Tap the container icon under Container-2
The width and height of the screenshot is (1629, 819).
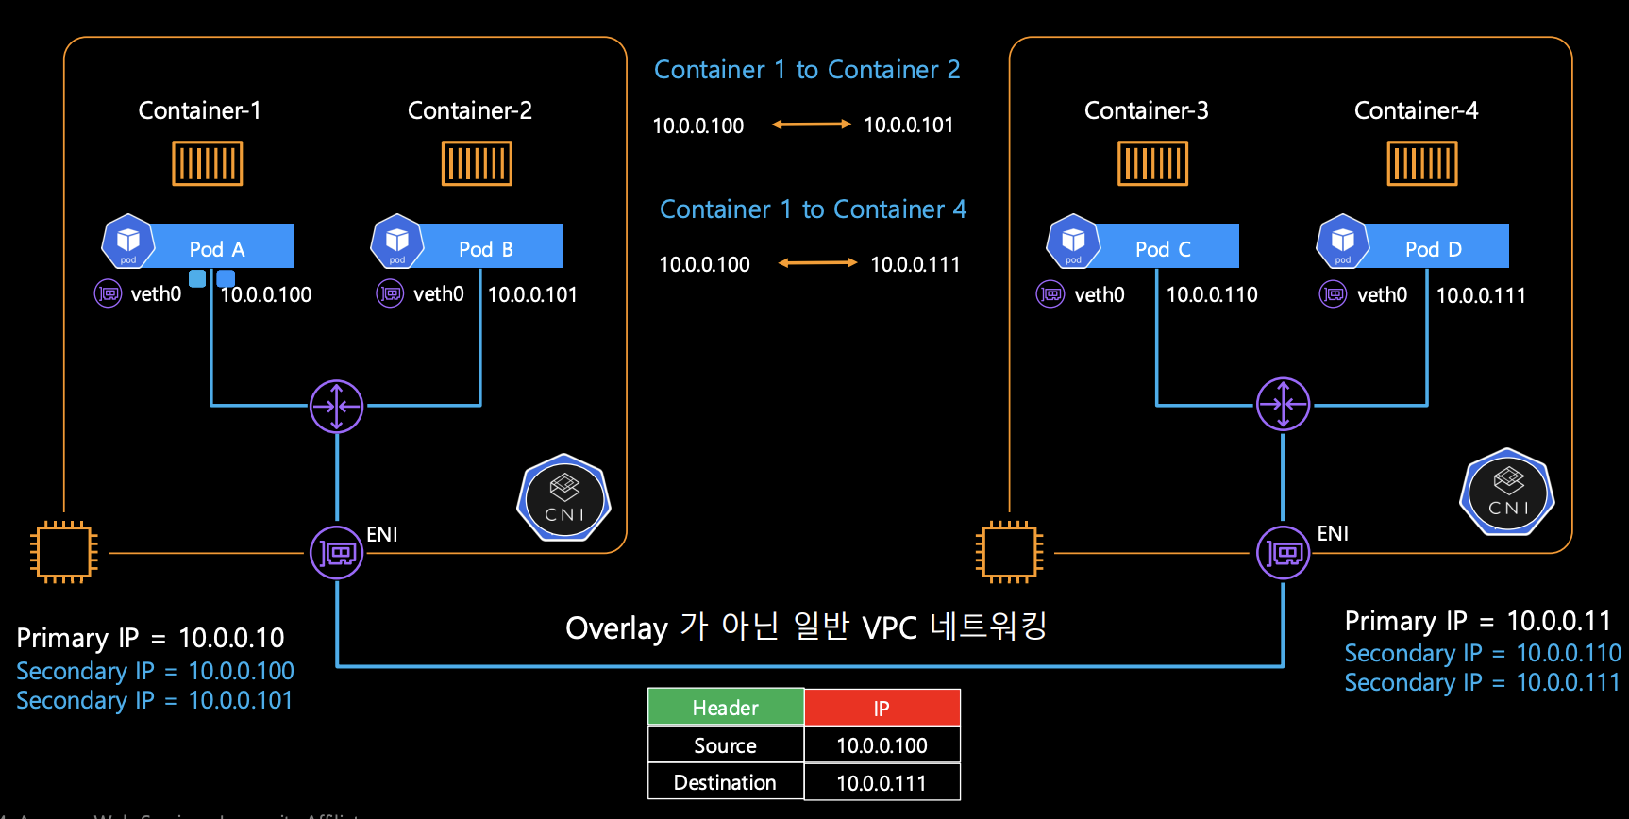click(x=477, y=163)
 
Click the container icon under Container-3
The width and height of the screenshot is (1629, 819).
click(x=1152, y=163)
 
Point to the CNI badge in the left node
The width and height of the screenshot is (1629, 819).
click(x=564, y=497)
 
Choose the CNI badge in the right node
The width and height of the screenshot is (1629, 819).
click(x=1507, y=492)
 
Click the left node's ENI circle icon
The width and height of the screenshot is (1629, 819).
click(x=337, y=552)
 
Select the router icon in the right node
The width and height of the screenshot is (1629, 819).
click(x=1284, y=405)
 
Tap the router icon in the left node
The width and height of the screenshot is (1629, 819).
click(x=337, y=406)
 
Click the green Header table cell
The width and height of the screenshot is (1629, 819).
click(x=725, y=708)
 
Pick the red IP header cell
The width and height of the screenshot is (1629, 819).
click(x=882, y=708)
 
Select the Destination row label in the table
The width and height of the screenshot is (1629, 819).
click(x=725, y=782)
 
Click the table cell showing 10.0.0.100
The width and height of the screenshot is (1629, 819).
click(x=882, y=745)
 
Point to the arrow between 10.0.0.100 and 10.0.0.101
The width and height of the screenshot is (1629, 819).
click(x=811, y=125)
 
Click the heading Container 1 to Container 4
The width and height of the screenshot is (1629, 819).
click(x=813, y=209)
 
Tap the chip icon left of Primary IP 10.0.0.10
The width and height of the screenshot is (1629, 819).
click(x=64, y=552)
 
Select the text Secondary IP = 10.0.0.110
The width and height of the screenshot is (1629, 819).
click(x=1482, y=653)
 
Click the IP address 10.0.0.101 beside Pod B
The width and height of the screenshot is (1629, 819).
click(x=532, y=294)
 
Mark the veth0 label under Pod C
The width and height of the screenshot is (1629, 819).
click(x=1099, y=294)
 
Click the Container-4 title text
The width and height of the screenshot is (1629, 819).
click(x=1416, y=110)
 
